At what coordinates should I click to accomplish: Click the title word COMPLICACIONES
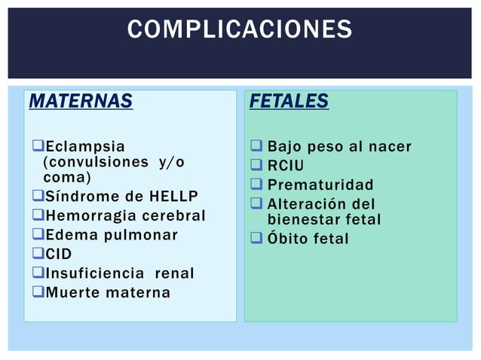pos(240,29)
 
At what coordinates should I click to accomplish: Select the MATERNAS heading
pos(81,101)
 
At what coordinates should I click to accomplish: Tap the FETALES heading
pos(290,101)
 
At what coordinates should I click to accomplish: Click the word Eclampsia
pos(85,145)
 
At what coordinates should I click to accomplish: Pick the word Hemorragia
pos(93,216)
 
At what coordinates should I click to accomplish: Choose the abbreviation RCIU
pos(286,165)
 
